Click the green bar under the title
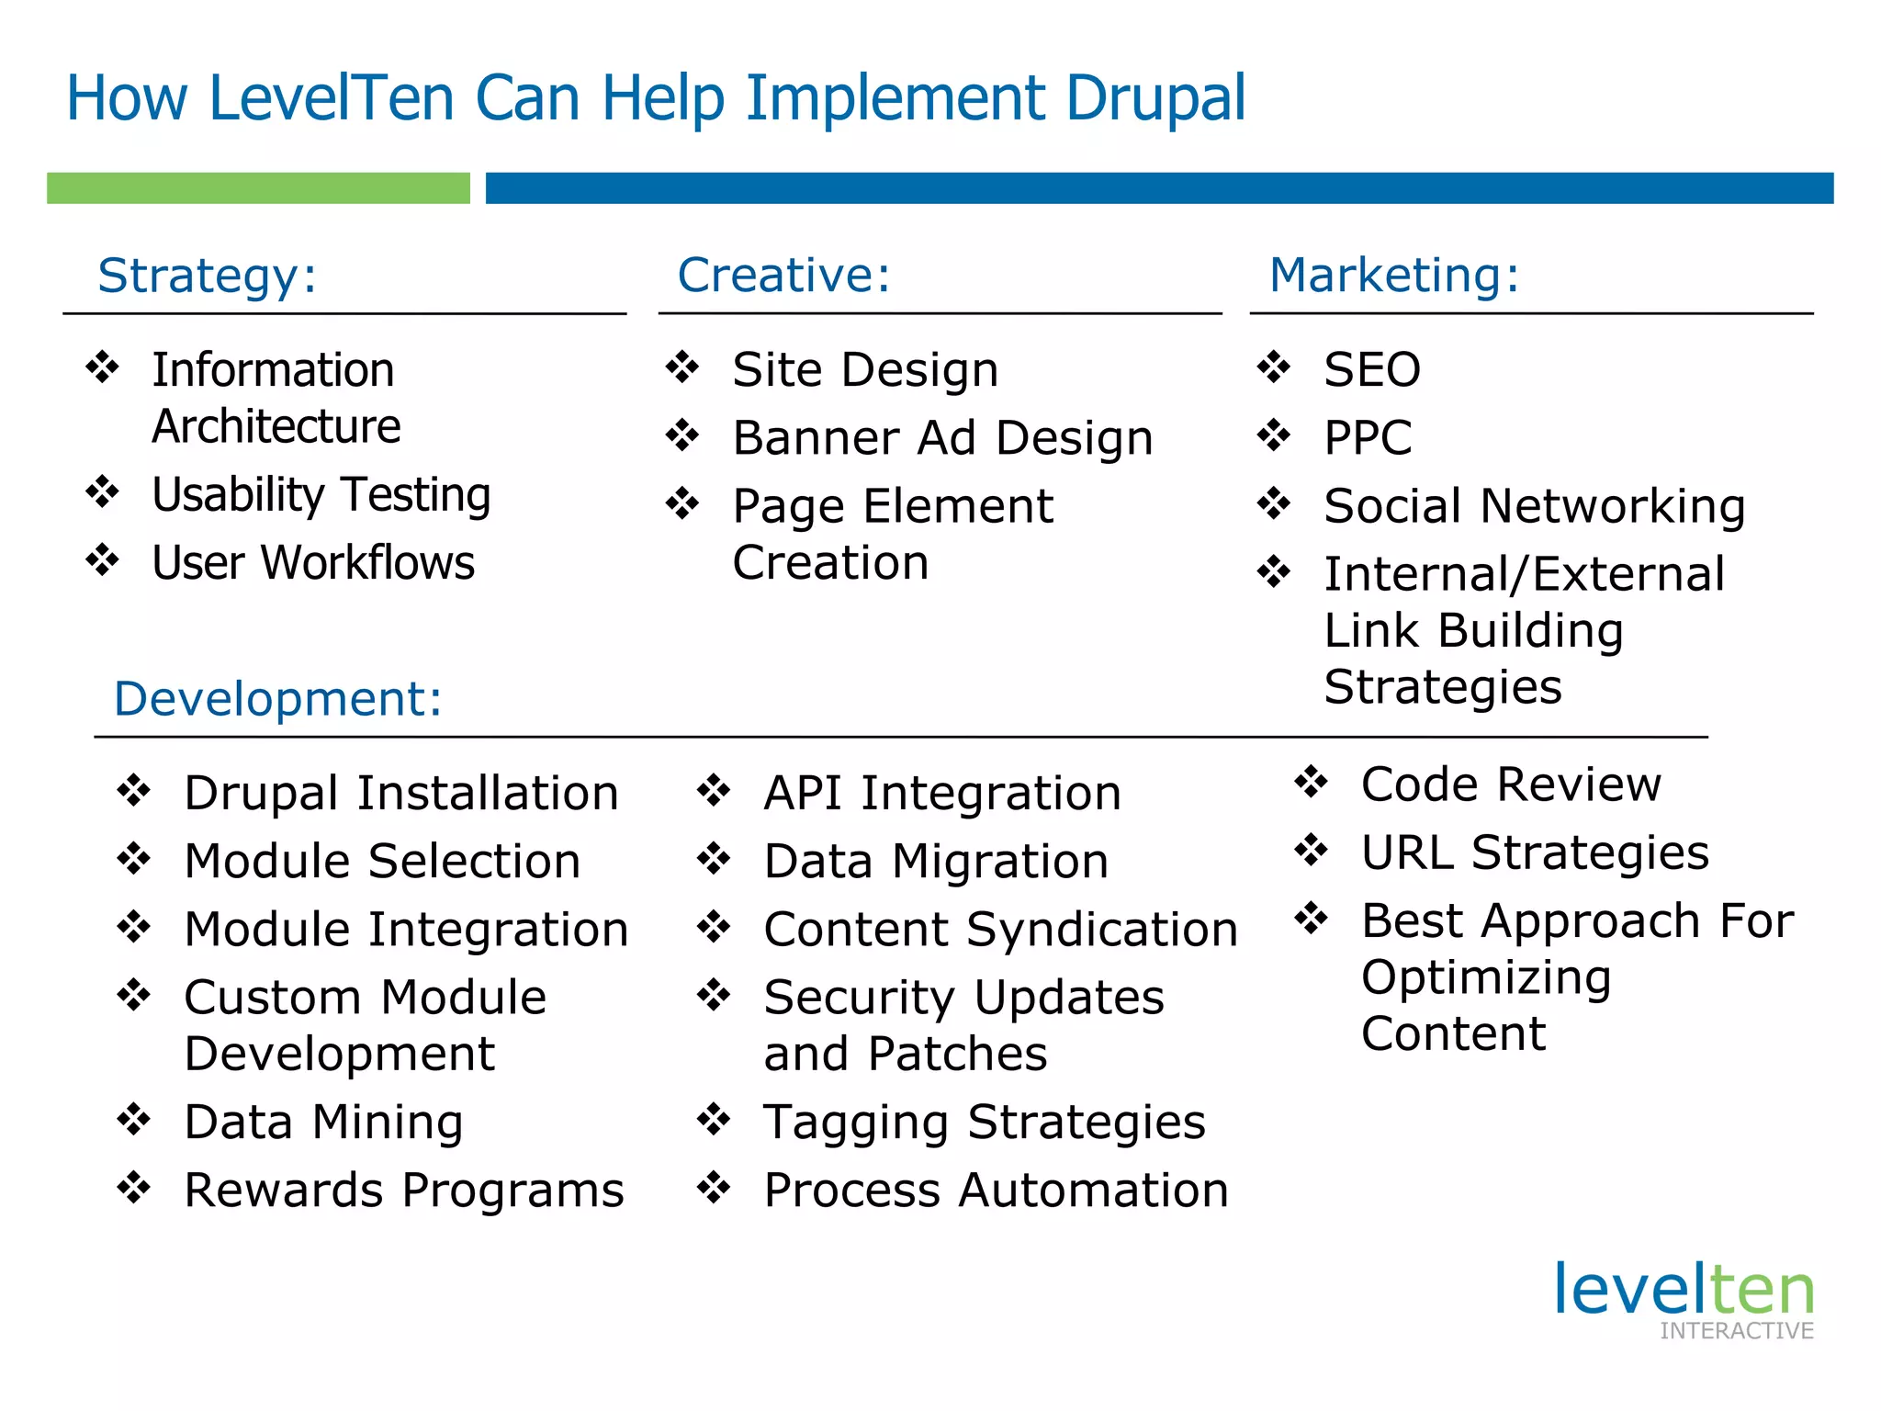coord(258,187)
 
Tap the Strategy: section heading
coord(208,275)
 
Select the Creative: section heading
coord(783,275)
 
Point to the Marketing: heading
coord(1393,275)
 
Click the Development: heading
coord(277,698)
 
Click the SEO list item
coord(1371,369)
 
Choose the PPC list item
coord(1367,437)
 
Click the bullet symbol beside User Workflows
coord(103,560)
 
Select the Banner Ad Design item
coord(942,437)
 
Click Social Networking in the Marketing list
coord(1534,505)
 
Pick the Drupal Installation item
coord(401,793)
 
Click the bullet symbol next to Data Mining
coord(134,1120)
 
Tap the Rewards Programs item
coord(404,1191)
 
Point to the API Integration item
coord(942,793)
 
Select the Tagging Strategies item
coord(985,1122)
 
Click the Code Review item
coord(1511,785)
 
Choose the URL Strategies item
coord(1535,852)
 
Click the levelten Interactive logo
coord(1684,1299)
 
